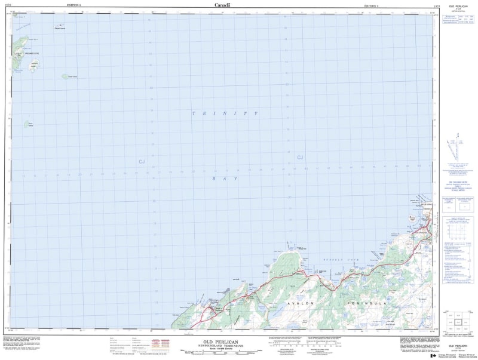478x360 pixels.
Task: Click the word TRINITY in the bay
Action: pyautogui.click(x=225, y=113)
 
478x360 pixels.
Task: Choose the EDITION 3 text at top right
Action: pyautogui.click(x=373, y=5)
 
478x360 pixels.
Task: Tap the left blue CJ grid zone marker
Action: pyautogui.click(x=142, y=161)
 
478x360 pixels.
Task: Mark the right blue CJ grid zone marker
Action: pyautogui.click(x=300, y=157)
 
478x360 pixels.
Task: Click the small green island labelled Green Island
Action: pyautogui.click(x=65, y=76)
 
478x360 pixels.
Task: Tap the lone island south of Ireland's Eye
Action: pyautogui.click(x=28, y=125)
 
